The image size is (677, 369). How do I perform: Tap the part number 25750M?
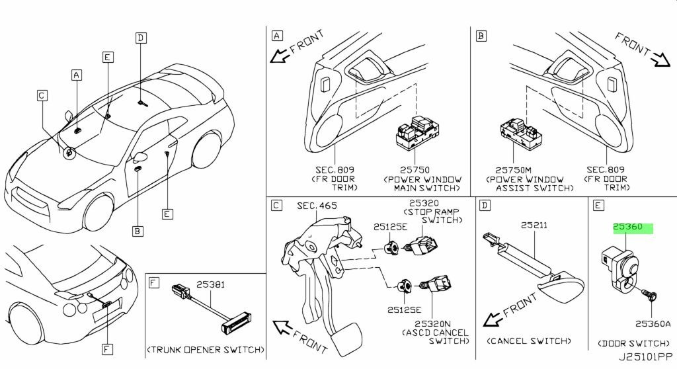click(x=513, y=170)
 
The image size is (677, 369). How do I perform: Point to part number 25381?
click(x=210, y=284)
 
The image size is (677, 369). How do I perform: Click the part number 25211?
click(x=534, y=225)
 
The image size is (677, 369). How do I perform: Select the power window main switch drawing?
click(x=417, y=132)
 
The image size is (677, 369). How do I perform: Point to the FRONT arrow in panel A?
click(x=297, y=46)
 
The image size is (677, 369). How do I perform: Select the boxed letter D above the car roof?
click(x=140, y=38)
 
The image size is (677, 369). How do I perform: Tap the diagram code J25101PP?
click(x=645, y=357)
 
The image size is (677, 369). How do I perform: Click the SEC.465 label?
click(x=317, y=206)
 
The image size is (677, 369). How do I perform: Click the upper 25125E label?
click(x=390, y=227)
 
